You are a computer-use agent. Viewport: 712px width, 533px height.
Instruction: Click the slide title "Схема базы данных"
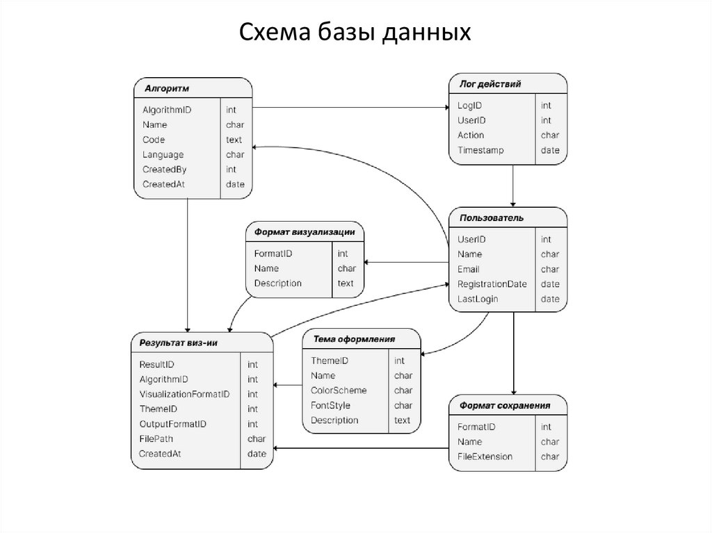[x=355, y=32]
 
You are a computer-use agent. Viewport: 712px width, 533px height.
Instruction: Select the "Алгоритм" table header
[x=167, y=88]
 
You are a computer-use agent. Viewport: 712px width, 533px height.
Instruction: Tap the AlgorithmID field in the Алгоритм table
[x=167, y=110]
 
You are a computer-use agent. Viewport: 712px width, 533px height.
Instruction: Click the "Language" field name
[x=163, y=154]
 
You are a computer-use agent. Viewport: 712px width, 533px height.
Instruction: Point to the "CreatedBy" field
[x=165, y=170]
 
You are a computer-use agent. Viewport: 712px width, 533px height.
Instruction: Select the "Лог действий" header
[x=491, y=84]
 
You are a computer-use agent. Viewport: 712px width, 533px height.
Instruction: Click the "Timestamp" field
[x=480, y=150]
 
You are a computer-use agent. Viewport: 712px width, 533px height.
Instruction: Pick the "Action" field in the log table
[x=471, y=135]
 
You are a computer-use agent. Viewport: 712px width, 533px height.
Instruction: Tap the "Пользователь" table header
[x=491, y=218]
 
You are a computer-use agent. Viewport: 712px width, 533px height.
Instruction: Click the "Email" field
[x=469, y=269]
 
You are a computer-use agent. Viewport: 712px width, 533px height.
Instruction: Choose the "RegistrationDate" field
[x=492, y=284]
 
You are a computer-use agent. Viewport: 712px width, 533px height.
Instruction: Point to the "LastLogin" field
[x=478, y=299]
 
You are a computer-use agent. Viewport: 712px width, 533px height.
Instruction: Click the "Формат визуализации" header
[x=305, y=232]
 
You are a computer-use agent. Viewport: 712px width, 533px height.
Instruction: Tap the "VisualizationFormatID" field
[x=184, y=394]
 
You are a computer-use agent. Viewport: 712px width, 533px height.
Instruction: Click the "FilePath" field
[x=156, y=438]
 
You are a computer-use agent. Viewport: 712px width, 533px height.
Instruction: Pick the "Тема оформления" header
[x=354, y=339]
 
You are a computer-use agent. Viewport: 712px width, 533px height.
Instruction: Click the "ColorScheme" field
[x=339, y=391]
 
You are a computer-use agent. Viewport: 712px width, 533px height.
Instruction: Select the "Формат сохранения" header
[x=504, y=405]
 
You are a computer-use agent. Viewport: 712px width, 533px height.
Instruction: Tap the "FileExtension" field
[x=485, y=457]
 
